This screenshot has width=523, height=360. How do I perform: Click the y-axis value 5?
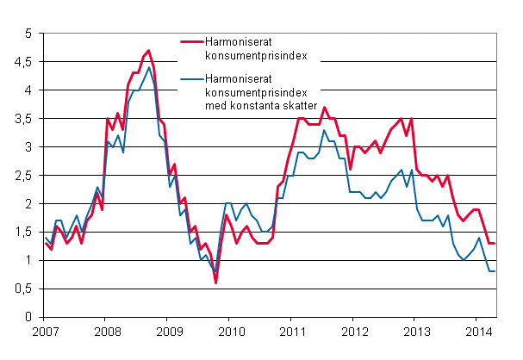coord(28,34)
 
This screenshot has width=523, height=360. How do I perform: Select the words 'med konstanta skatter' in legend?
coord(260,105)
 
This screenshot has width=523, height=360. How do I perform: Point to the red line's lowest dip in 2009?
coord(215,282)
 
